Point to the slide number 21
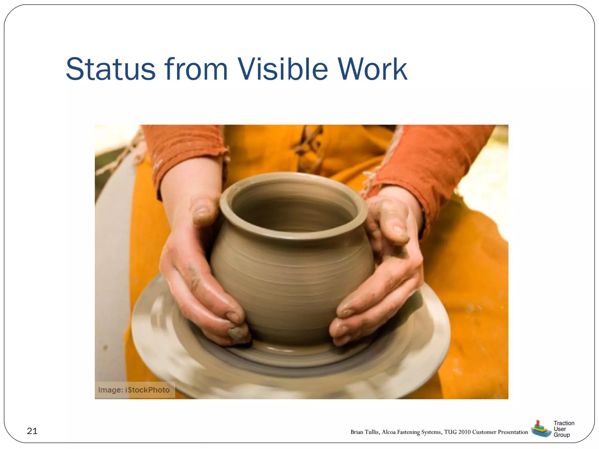tap(32, 431)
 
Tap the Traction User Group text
tap(564, 429)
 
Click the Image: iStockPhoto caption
tap(134, 390)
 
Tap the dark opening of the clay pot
tap(292, 213)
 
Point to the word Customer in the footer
tap(484, 432)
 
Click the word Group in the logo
tap(562, 435)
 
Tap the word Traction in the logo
tap(564, 423)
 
